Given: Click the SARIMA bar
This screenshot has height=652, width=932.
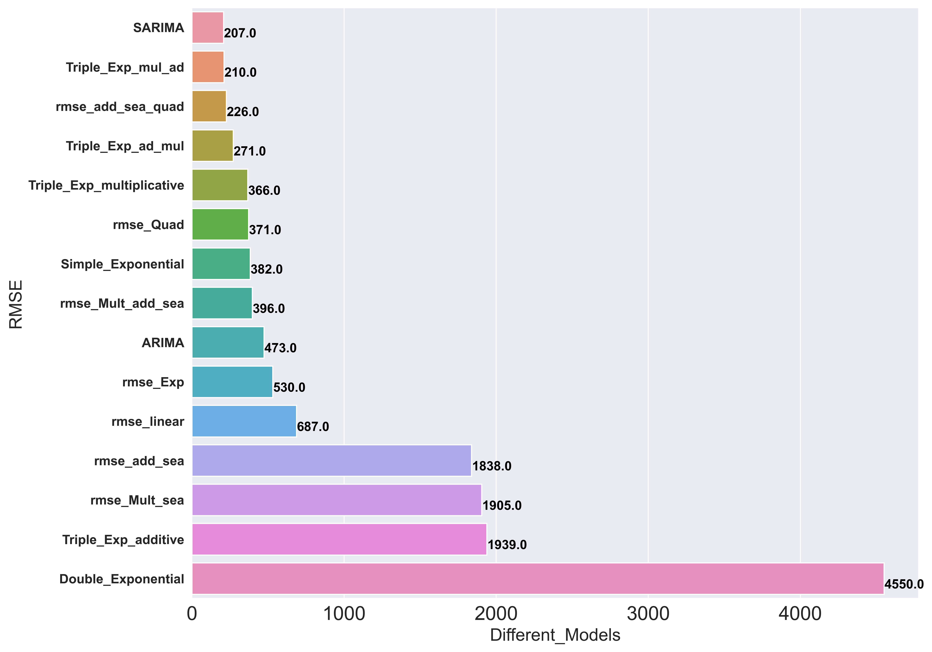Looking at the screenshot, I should (207, 28).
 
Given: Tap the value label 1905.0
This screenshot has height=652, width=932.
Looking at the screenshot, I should (502, 506).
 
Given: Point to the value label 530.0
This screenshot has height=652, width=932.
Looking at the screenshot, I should (289, 387).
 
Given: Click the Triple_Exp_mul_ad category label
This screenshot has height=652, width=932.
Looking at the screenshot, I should (125, 67).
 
